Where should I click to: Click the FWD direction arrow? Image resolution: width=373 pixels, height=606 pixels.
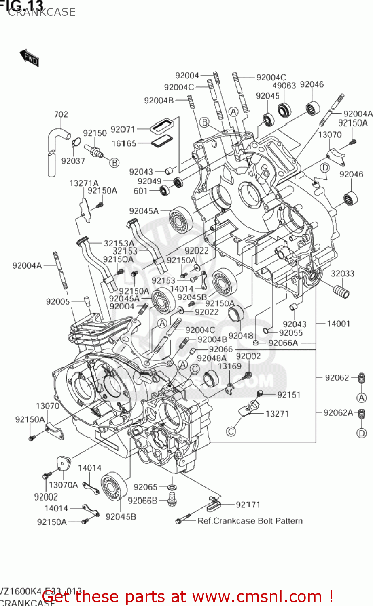point(29,58)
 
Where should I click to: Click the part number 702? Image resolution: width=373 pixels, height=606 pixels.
point(61,114)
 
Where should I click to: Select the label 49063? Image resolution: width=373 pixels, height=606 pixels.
point(284,86)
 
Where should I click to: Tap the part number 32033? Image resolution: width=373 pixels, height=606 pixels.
point(342,274)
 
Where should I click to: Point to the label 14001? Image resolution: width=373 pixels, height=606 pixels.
point(338,324)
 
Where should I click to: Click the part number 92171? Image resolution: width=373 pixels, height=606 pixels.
point(248,505)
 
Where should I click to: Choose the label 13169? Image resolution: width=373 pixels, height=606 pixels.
point(229,366)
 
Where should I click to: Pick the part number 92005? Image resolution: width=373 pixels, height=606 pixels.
point(58,301)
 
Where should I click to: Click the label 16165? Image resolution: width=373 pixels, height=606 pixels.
point(124,143)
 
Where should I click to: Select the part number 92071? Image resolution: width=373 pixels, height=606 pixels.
point(123,129)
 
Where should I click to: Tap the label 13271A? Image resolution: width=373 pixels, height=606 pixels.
point(84,183)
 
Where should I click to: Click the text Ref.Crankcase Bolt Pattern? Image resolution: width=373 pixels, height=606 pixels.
point(250,521)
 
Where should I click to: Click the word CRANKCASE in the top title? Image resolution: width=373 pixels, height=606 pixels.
point(42,12)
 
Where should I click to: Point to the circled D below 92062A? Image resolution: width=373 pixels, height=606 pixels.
point(361,433)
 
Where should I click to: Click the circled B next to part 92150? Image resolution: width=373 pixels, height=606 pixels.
point(114,162)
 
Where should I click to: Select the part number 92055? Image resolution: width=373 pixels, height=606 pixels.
point(290,333)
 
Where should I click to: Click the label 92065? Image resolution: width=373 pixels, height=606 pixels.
point(145,487)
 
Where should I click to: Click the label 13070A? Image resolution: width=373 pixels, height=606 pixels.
point(63,485)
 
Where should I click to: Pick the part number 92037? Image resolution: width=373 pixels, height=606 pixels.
point(73,161)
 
